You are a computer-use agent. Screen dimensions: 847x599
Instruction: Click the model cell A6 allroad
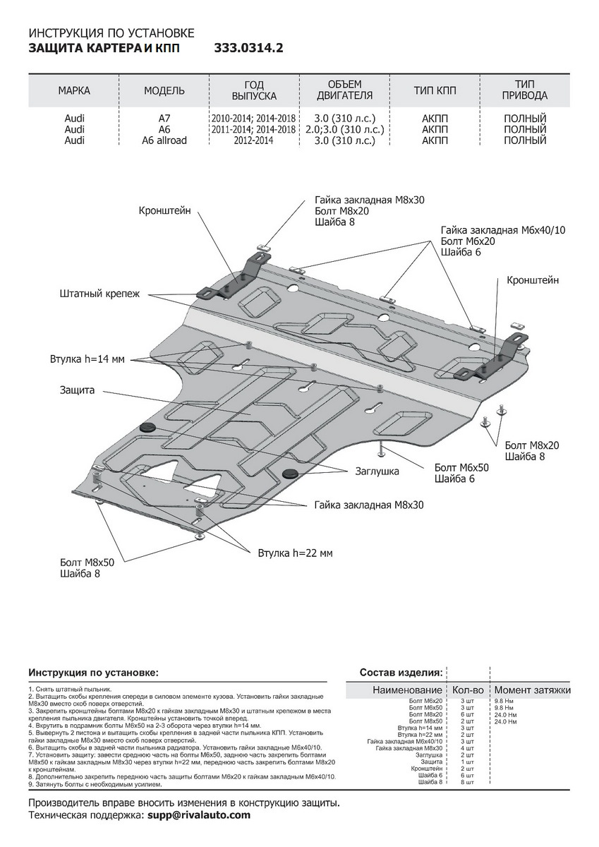(x=164, y=140)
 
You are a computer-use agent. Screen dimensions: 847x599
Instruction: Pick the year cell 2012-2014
(x=253, y=140)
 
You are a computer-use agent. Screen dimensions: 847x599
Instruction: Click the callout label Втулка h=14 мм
(x=87, y=359)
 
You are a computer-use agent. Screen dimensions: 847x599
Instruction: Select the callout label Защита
(x=78, y=390)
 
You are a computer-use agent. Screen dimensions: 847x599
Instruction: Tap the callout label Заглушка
(x=377, y=471)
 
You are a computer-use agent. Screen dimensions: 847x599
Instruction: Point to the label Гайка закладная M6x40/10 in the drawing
(x=503, y=230)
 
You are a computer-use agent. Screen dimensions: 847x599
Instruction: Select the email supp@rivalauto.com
(x=199, y=815)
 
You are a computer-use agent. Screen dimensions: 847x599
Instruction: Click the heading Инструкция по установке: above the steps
(x=93, y=672)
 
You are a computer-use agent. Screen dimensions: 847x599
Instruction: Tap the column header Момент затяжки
(x=532, y=690)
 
